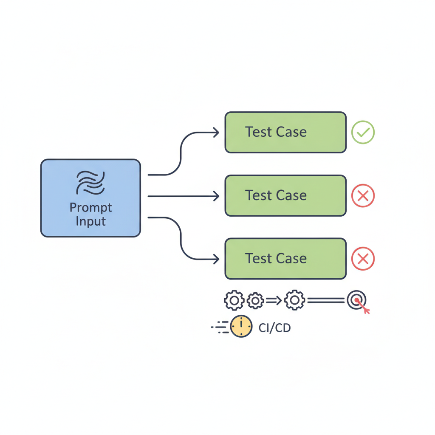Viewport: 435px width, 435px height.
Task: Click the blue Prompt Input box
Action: pos(91,198)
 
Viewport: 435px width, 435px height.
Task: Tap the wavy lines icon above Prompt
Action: pos(90,183)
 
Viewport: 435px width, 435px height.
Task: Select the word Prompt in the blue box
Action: pos(91,208)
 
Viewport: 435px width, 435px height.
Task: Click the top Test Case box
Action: pos(285,133)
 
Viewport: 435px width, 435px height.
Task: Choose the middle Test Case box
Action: pos(285,195)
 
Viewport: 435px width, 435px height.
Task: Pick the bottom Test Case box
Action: pos(285,259)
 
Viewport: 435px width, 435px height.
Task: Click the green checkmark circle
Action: pos(363,133)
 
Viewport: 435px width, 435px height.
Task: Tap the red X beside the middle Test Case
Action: pos(363,196)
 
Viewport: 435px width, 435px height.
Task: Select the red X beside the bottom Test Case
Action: pos(363,259)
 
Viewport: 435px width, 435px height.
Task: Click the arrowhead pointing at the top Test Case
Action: pos(216,133)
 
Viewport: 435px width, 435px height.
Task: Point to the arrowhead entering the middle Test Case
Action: pos(216,196)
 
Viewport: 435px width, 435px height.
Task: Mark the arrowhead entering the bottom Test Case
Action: pos(216,259)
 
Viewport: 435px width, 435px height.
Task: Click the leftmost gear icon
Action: pos(234,300)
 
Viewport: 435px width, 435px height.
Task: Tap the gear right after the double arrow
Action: pos(295,300)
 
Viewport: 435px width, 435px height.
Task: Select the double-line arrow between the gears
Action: pos(274,300)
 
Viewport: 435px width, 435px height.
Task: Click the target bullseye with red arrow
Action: pos(358,301)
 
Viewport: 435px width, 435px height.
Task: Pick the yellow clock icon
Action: pos(241,326)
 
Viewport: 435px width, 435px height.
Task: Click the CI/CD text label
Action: pos(275,328)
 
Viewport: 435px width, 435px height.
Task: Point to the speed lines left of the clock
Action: pos(220,327)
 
